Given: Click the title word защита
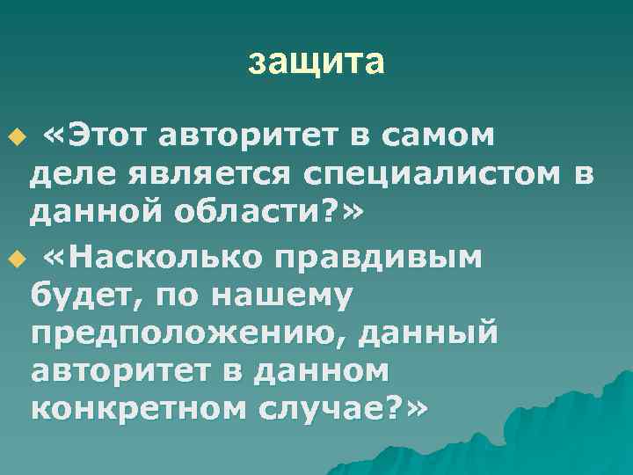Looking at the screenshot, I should (x=316, y=62).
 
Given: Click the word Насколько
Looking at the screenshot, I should (x=180, y=257).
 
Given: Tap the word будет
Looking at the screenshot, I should (x=81, y=298).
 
